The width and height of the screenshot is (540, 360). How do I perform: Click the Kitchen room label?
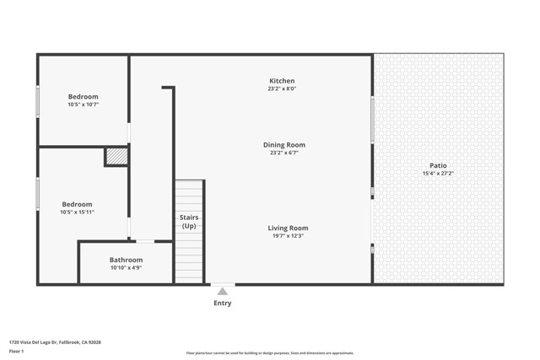pos(281,81)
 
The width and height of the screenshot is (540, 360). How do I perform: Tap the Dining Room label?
pos(283,145)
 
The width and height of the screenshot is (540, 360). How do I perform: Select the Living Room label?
pos(288,228)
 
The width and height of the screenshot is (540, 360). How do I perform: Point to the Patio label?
pos(438,165)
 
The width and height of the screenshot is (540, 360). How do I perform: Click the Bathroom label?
pos(126,260)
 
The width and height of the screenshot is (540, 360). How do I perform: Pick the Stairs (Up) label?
pos(189,222)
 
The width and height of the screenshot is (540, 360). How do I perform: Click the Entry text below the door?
pos(222,303)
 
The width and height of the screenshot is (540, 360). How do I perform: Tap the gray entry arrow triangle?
pos(222,291)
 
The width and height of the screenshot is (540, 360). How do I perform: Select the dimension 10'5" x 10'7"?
pos(84,105)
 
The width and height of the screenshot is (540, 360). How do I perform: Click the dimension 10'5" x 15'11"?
pos(77,212)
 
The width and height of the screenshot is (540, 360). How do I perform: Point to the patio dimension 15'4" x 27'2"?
pos(438,174)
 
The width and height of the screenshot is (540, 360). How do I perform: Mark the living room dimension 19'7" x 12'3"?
pos(288,236)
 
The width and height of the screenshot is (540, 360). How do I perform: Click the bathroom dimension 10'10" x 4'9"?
pos(126,268)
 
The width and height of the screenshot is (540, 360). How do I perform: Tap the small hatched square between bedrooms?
pos(116,157)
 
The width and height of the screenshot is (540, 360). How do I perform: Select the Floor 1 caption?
pos(16,351)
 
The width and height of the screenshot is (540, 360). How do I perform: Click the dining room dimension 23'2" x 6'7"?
pos(283,153)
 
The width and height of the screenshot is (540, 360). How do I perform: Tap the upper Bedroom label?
pos(84,96)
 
